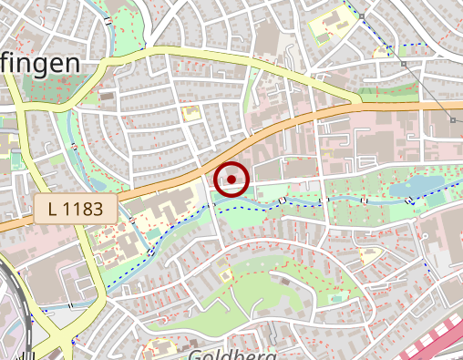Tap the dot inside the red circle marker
[232, 180]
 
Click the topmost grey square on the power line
[363, 17]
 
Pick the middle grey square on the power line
[404, 65]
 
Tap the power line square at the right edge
[453, 119]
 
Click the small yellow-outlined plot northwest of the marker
[190, 113]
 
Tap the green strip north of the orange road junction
[376, 92]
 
